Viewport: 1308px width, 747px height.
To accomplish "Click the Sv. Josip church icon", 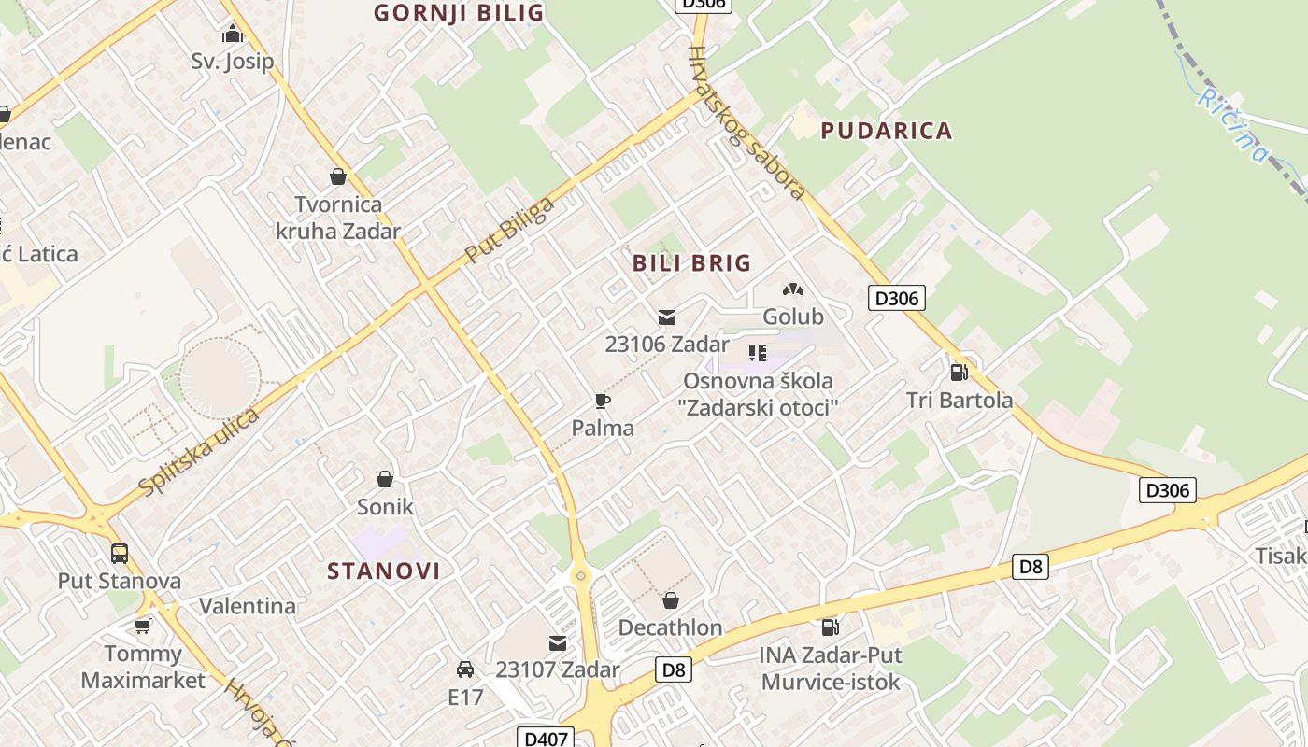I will pos(232,35).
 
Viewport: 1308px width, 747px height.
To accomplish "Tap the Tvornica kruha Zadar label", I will pos(337,218).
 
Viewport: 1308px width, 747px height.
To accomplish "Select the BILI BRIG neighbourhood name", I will pos(691,262).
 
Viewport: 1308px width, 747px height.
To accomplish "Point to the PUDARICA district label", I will pos(886,131).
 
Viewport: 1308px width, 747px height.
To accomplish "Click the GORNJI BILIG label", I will pos(459,12).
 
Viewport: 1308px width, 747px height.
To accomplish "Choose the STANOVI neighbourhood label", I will pos(383,571).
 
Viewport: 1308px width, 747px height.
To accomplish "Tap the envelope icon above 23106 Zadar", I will pos(666,317).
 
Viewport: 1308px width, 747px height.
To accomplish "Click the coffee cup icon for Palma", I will pos(603,402).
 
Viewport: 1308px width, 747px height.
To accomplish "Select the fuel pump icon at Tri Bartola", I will pos(959,373).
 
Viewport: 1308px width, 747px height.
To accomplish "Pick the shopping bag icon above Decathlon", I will pos(670,600).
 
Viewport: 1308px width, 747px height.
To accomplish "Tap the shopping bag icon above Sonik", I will pos(384,479).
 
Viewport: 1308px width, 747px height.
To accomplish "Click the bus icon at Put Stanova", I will pos(120,554).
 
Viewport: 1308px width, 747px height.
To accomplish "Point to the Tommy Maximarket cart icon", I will pos(142,626).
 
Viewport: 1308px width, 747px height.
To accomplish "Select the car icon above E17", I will pos(464,669).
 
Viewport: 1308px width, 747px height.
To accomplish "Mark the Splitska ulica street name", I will pos(198,452).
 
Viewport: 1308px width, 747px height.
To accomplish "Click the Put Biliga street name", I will pos(509,230).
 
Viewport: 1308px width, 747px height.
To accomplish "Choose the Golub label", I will pos(793,317).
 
